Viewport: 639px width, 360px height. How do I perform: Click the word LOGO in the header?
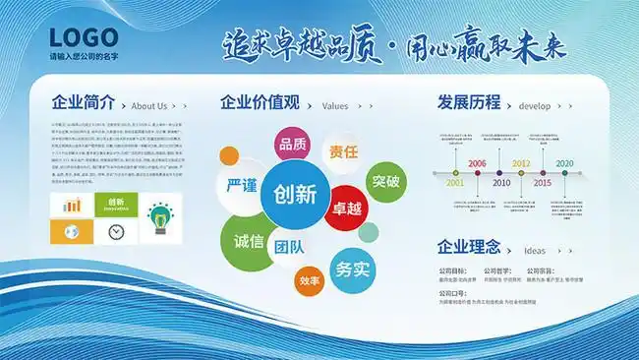(x=84, y=37)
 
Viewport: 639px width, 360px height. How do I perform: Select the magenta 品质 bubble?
(x=293, y=147)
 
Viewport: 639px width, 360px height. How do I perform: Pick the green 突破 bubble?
(x=385, y=181)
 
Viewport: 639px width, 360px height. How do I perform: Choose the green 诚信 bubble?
(x=249, y=241)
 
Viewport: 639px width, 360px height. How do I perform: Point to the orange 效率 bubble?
(x=310, y=281)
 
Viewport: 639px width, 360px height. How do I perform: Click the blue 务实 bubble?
(x=352, y=268)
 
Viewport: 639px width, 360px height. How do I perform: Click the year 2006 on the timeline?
(x=478, y=163)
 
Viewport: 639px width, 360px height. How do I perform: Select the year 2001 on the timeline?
(x=454, y=183)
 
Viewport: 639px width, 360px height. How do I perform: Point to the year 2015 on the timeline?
(x=543, y=183)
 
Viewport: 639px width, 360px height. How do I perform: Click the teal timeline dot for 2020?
(x=565, y=173)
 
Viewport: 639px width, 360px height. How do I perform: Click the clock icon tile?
(x=116, y=231)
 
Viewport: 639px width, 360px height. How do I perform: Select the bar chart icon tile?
(x=72, y=206)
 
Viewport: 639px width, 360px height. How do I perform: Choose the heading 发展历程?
(x=469, y=102)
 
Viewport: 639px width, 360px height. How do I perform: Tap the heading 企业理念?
(x=469, y=247)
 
